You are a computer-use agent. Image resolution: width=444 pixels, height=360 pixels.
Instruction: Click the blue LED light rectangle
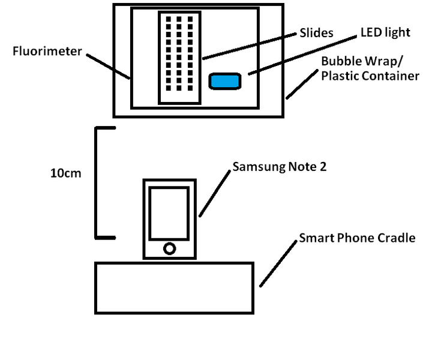pos(225,81)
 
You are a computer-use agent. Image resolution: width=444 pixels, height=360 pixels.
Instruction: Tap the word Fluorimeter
pos(47,52)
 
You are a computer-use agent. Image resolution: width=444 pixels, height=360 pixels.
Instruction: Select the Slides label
pos(316,33)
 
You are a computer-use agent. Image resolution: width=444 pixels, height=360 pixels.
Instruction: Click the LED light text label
pos(385,32)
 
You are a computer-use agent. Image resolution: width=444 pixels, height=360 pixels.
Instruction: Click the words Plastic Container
pos(370,76)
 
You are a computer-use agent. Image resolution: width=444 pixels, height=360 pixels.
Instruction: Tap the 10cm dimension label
pos(65,173)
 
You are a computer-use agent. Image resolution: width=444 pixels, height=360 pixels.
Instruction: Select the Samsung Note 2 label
pos(280,167)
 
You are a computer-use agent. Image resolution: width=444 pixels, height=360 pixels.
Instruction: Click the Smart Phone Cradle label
pos(357,238)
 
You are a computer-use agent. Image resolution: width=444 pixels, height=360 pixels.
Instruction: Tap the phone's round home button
pos(170,248)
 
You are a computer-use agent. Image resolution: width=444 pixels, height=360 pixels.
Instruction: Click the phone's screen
pos(169,213)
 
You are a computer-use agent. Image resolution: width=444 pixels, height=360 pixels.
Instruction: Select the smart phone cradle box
pos(174,287)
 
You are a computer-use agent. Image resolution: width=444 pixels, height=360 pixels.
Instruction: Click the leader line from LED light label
pos(299,55)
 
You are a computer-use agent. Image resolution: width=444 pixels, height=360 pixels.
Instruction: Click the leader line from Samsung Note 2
pos(215,193)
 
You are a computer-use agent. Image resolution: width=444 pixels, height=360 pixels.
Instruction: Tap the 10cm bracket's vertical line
pos(97,183)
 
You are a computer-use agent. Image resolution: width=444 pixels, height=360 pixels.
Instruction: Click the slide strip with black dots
pos(179,58)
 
